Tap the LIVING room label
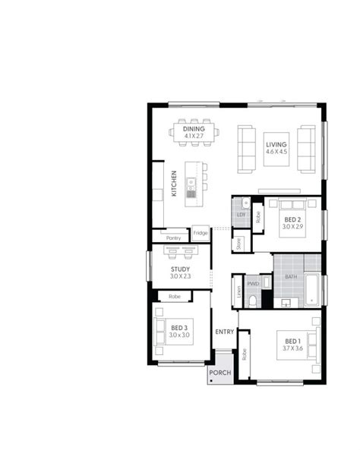[x=276, y=145]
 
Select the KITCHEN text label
[x=174, y=183]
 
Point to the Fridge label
[x=201, y=234]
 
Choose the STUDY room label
[x=180, y=269]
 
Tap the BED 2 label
[x=292, y=219]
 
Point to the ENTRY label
[x=224, y=332]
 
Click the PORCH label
[x=220, y=373]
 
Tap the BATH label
[x=291, y=277]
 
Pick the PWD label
[x=253, y=283]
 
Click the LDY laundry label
[x=242, y=215]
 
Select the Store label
[x=238, y=243]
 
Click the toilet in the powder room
[x=254, y=301]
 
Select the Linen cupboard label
[x=238, y=290]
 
